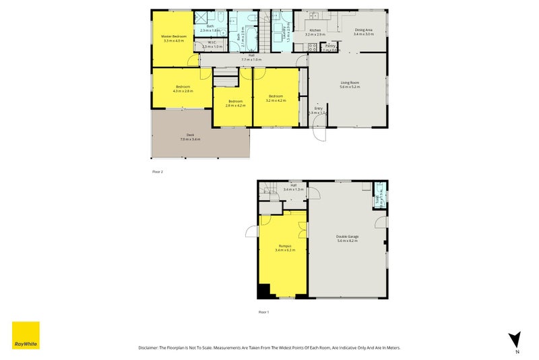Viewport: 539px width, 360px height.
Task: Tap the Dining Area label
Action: (x=364, y=30)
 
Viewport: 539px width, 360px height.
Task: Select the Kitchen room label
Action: (x=315, y=31)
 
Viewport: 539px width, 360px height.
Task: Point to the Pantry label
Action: (x=330, y=46)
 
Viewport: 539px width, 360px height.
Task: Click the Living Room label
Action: (x=350, y=83)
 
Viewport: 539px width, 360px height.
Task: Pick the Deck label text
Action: (x=191, y=136)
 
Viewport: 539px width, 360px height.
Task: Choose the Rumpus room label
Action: (x=282, y=247)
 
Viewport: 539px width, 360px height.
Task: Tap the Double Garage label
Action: (x=347, y=237)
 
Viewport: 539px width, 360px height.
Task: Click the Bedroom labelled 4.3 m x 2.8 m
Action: (x=183, y=87)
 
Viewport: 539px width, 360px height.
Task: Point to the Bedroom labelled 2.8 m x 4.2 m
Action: (x=234, y=102)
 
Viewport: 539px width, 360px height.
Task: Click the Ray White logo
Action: (x=26, y=335)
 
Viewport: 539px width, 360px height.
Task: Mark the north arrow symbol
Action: (x=515, y=340)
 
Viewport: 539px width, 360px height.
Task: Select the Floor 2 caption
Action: (x=158, y=172)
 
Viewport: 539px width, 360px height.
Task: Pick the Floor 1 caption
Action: (x=263, y=311)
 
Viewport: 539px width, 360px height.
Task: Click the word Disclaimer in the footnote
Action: (x=148, y=347)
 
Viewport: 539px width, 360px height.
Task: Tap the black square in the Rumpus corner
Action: (x=263, y=291)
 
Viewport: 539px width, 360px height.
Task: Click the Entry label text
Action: (x=319, y=108)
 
